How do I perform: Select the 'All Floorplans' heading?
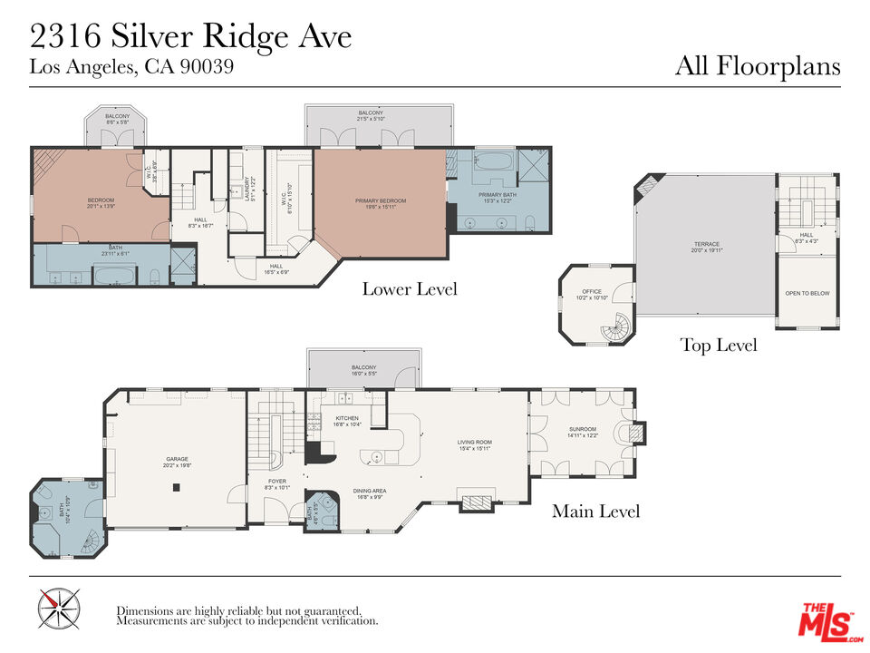tap(758, 66)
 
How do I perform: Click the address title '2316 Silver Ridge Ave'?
tap(190, 37)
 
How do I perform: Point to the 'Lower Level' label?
tap(410, 289)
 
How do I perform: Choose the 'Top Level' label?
tap(718, 345)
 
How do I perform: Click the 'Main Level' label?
tap(595, 512)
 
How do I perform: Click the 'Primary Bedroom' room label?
tap(381, 202)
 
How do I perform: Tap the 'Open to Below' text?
tap(807, 294)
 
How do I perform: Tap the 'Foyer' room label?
tap(276, 483)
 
